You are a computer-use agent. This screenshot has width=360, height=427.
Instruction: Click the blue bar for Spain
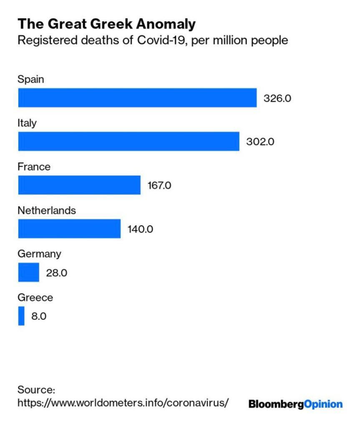[137, 98]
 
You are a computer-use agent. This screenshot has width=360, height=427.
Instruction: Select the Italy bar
[128, 141]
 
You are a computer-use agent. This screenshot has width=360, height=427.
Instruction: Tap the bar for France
[79, 185]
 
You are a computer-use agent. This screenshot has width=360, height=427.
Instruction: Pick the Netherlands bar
[69, 229]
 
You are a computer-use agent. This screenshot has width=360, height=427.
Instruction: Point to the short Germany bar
[28, 272]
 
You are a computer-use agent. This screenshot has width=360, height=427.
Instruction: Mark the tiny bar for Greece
[21, 316]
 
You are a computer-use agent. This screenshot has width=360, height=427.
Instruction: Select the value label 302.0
[260, 142]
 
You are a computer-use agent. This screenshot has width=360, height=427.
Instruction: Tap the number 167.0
[159, 186]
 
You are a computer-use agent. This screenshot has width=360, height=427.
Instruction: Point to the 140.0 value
[140, 229]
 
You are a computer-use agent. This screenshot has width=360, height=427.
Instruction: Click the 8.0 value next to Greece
[39, 316]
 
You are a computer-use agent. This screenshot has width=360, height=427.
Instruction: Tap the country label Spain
[30, 79]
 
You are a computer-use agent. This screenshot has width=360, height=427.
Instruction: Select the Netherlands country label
[47, 210]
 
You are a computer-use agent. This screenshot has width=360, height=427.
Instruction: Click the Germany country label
[39, 254]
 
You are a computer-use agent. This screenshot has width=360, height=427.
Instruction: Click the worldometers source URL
[123, 403]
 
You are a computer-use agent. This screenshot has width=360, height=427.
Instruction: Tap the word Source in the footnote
[36, 390]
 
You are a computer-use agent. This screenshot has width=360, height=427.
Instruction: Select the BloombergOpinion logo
[295, 404]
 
